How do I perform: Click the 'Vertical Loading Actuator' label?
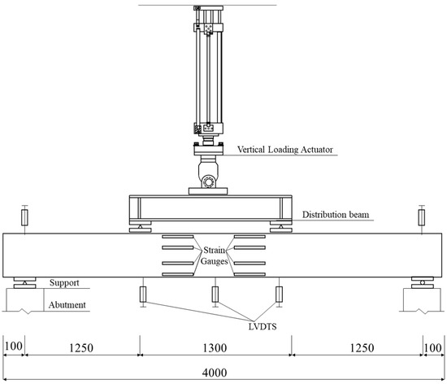(285, 150)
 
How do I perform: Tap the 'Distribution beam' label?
(336, 215)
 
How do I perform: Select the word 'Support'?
(64, 283)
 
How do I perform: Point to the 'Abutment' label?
(67, 305)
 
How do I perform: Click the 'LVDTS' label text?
(263, 326)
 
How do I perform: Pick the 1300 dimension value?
(215, 348)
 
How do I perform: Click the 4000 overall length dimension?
(215, 373)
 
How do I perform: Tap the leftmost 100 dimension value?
(13, 347)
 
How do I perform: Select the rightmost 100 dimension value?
(433, 348)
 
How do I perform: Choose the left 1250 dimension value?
(81, 348)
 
